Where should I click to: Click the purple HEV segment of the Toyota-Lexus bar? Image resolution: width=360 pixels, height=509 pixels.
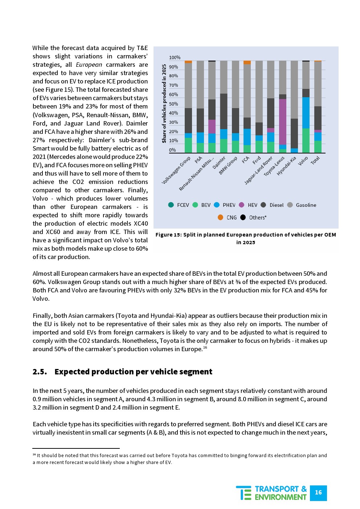[x=283, y=122]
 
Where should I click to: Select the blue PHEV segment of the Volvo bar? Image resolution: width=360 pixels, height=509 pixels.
[x=306, y=113]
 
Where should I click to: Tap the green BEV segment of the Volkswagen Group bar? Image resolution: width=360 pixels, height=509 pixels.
[x=188, y=145]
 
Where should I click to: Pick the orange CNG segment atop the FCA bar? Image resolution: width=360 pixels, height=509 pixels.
[x=247, y=62]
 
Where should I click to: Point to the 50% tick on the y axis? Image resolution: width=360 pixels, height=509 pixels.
[x=173, y=104]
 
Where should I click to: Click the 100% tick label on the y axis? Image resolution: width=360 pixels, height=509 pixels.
[x=175, y=58]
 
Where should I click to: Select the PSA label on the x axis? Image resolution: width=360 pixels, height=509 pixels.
[x=199, y=160]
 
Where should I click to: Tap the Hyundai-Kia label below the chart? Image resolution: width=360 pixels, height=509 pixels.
[x=287, y=166]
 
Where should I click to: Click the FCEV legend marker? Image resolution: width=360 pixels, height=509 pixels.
[x=171, y=205]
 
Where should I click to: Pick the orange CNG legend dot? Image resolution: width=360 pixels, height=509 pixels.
[x=220, y=217]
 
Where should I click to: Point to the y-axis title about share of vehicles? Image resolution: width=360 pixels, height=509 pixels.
[x=164, y=103]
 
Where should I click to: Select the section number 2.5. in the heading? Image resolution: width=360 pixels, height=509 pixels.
[x=40, y=372]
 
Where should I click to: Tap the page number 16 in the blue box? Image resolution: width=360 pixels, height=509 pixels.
[x=318, y=492]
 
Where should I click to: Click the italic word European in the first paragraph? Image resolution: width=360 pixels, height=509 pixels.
[x=89, y=65]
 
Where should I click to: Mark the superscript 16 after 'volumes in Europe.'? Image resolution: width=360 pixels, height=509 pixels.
[x=205, y=348]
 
